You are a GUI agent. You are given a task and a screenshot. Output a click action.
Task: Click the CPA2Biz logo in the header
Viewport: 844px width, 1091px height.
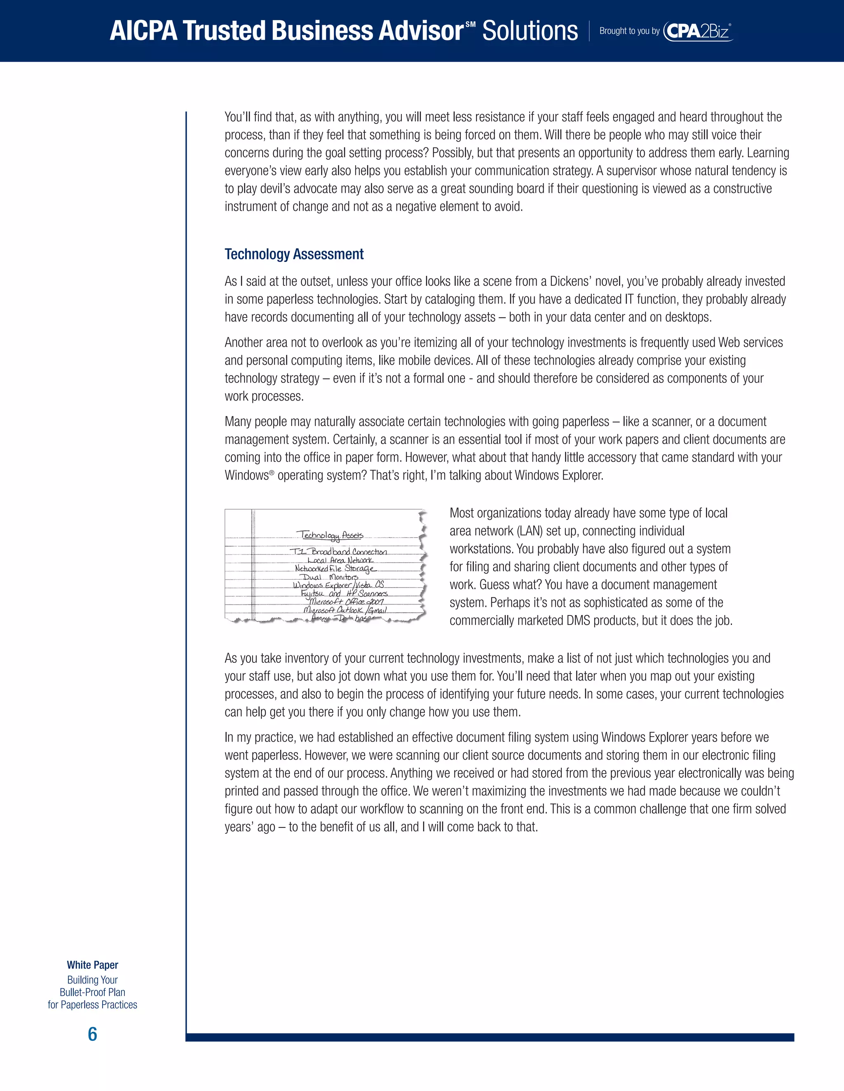click(698, 31)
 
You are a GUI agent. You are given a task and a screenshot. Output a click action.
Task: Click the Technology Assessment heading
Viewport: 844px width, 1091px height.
click(293, 254)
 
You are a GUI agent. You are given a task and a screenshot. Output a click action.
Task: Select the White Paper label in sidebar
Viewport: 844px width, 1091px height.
click(92, 965)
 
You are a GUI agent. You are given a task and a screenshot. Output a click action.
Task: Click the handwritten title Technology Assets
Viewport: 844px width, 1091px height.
click(330, 535)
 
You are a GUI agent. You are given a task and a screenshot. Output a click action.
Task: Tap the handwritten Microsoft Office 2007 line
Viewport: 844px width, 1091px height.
click(346, 602)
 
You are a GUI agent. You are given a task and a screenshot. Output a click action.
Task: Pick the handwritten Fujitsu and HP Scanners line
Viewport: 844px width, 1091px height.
click(344, 593)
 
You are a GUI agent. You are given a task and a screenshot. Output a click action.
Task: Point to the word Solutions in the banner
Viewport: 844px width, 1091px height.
click(530, 31)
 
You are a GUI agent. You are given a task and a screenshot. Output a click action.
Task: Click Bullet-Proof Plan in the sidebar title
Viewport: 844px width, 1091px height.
click(92, 992)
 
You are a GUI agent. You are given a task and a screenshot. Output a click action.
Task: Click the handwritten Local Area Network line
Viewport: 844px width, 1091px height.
click(340, 560)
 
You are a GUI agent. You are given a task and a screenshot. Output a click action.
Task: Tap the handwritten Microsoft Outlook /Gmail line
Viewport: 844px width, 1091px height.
click(345, 610)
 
